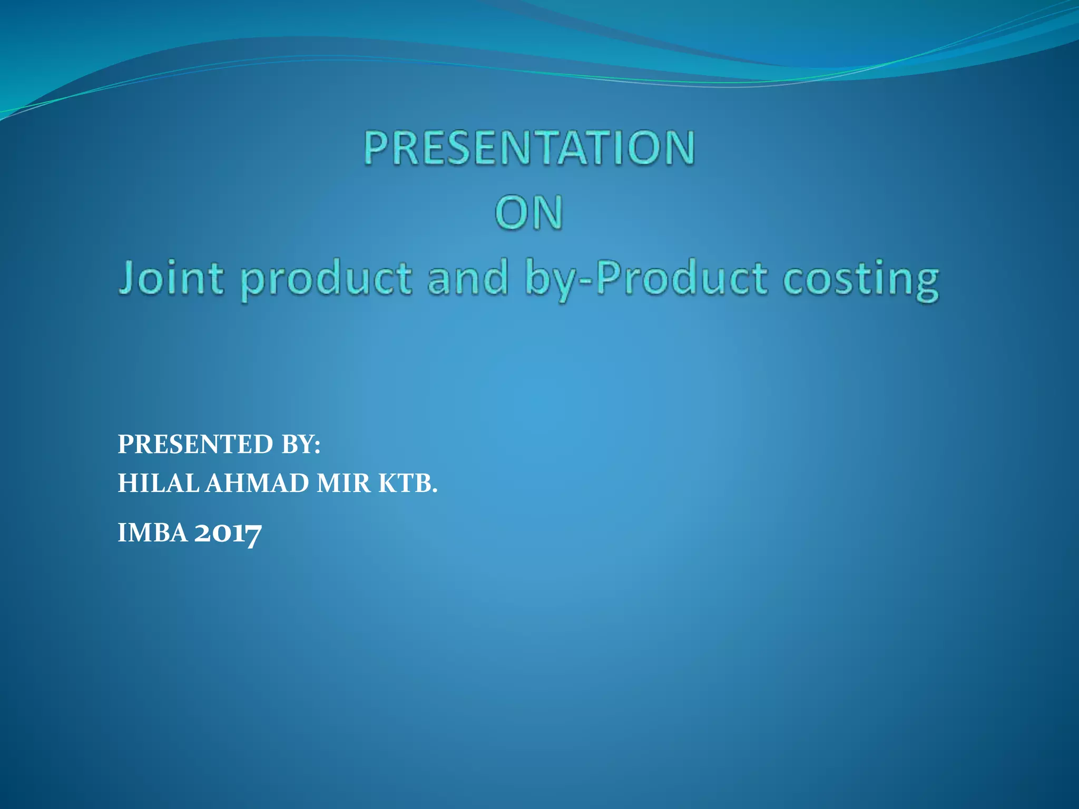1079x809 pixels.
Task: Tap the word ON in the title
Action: point(529,213)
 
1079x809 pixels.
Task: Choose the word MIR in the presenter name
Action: point(344,483)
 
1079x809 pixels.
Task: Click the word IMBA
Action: point(152,532)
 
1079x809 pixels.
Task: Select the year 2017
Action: point(228,532)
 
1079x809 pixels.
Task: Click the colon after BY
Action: point(317,447)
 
